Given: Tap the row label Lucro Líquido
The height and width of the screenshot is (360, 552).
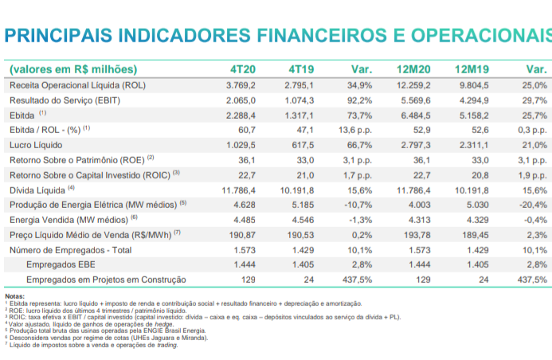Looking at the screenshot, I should click(x=36, y=145).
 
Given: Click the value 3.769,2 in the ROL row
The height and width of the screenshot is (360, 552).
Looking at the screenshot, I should click(x=240, y=84).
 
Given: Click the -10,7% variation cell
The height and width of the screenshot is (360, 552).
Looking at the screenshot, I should click(x=357, y=205).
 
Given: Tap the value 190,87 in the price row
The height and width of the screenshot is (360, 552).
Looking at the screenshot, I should click(x=240, y=235).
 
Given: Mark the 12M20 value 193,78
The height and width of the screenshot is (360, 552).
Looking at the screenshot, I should click(x=417, y=235).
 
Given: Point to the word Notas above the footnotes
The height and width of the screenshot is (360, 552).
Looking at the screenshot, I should click(x=14, y=296).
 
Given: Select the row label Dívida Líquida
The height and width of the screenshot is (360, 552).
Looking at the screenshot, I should click(x=37, y=190).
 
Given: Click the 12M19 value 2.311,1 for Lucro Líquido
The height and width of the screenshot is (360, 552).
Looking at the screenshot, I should click(x=473, y=145).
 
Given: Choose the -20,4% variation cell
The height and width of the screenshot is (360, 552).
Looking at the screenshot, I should click(x=531, y=205).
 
